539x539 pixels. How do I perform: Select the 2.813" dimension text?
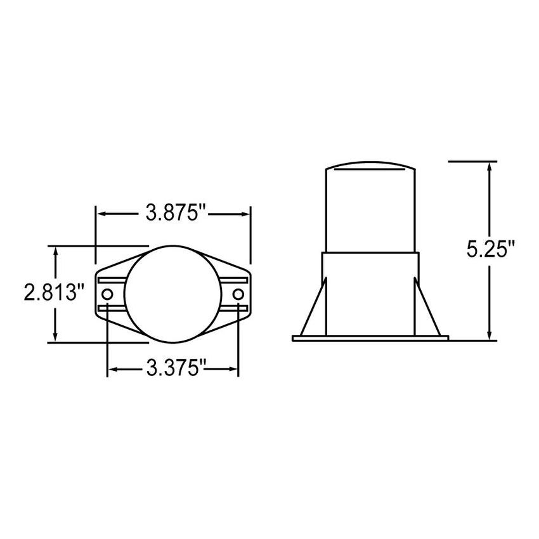[55, 293]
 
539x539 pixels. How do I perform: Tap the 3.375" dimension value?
[173, 368]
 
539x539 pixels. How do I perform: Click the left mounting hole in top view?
[107, 294]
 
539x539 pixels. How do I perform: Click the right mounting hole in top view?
[238, 294]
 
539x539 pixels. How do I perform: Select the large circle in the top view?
[173, 292]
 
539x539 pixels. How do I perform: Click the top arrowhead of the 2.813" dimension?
[57, 251]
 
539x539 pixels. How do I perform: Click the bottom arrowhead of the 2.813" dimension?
[57, 335]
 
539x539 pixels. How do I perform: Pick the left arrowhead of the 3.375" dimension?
[114, 368]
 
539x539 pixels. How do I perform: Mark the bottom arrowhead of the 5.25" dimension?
[489, 335]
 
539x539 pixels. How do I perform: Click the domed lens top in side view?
[371, 167]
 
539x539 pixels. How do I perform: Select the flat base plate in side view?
[370, 338]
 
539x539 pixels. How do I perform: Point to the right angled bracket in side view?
[427, 308]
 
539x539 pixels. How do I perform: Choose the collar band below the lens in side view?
[370, 266]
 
